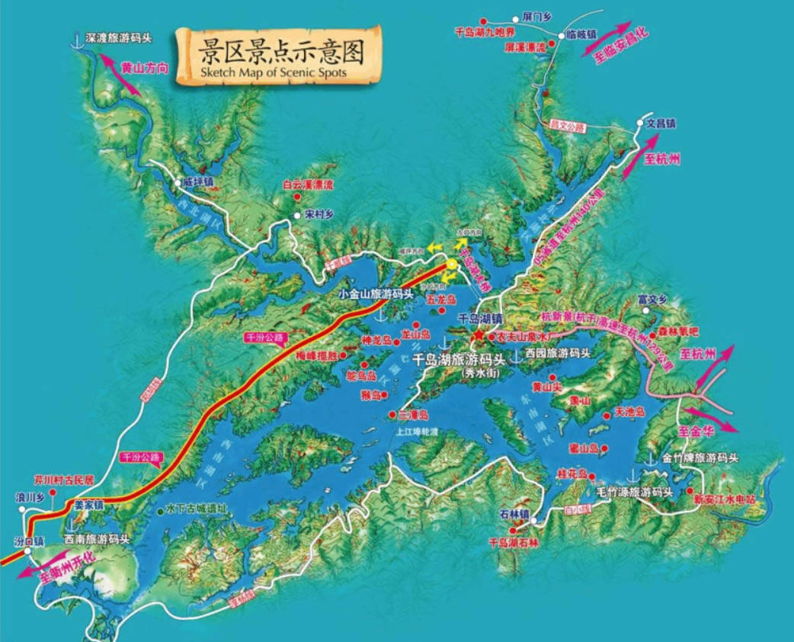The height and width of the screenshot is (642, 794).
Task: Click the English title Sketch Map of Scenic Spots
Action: coord(275,73)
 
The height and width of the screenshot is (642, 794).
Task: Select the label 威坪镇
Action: coord(197,182)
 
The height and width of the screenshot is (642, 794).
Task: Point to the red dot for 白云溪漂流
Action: coord(297,197)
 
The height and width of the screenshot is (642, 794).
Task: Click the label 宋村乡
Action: coord(319,214)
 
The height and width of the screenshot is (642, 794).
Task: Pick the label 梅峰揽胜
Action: coord(312,355)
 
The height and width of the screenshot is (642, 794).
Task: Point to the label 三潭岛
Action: coord(414,416)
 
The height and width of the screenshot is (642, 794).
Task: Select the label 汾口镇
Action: coord(30,541)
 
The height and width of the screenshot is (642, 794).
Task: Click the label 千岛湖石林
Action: coord(515,543)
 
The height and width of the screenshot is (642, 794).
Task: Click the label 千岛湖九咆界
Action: coord(485,33)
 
